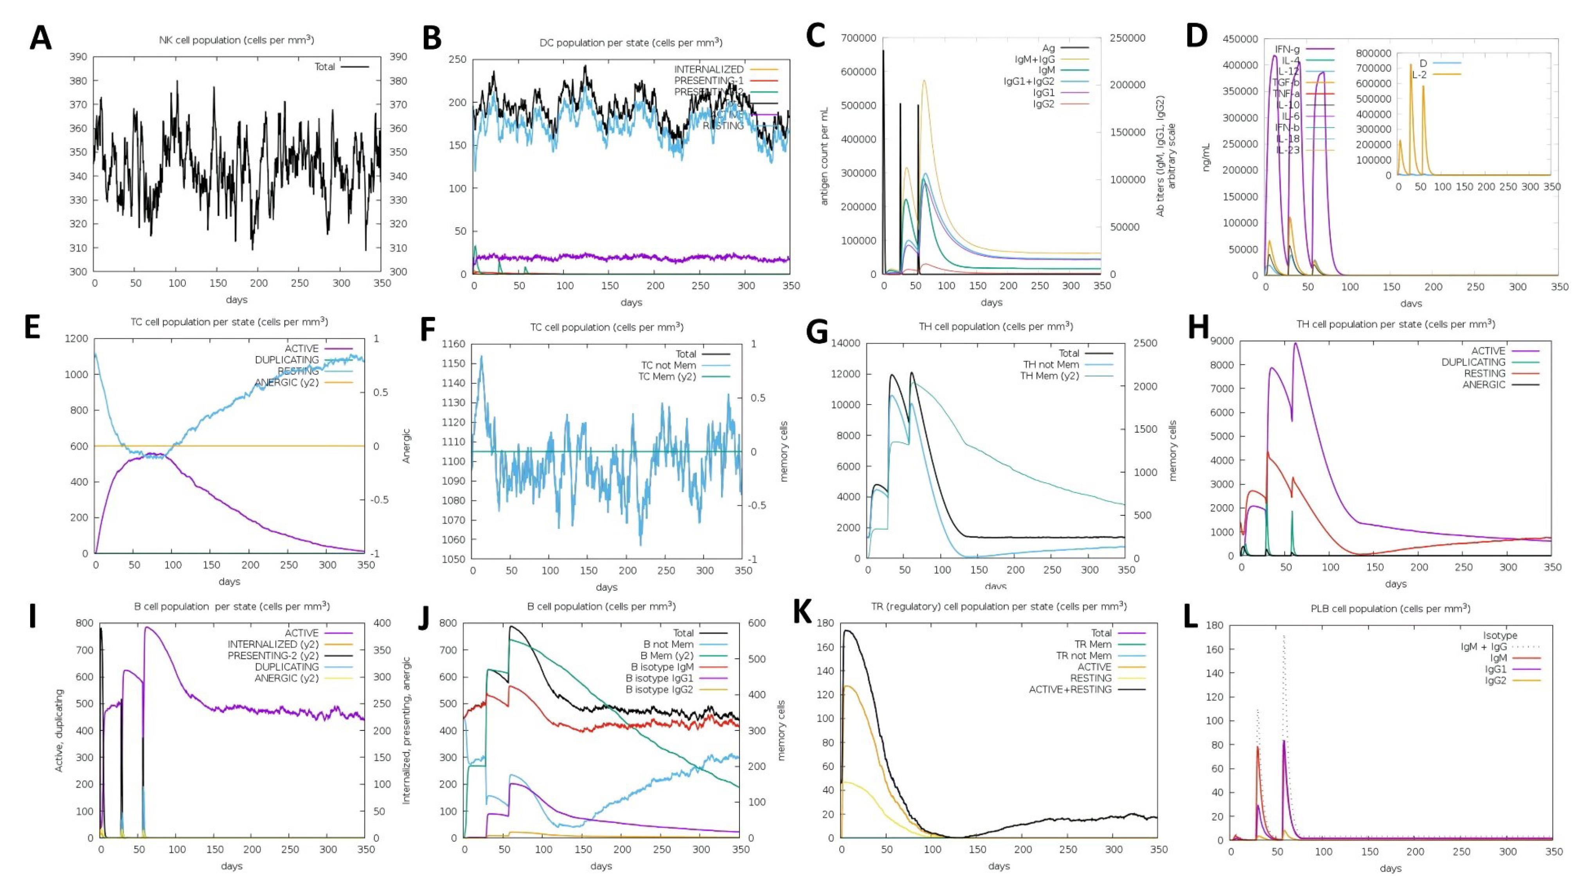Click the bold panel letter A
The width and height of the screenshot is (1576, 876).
[40, 38]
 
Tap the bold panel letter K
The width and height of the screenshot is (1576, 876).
[803, 612]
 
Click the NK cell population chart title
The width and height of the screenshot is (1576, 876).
[236, 40]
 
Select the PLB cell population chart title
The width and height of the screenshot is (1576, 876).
[1390, 609]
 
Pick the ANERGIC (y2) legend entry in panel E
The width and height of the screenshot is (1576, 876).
[286, 382]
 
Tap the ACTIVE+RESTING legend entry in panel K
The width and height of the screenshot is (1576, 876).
[1070, 689]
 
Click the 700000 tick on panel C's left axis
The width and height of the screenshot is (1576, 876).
[858, 38]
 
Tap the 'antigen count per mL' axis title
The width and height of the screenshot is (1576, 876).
[824, 156]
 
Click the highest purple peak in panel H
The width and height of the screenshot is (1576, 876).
[1295, 343]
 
